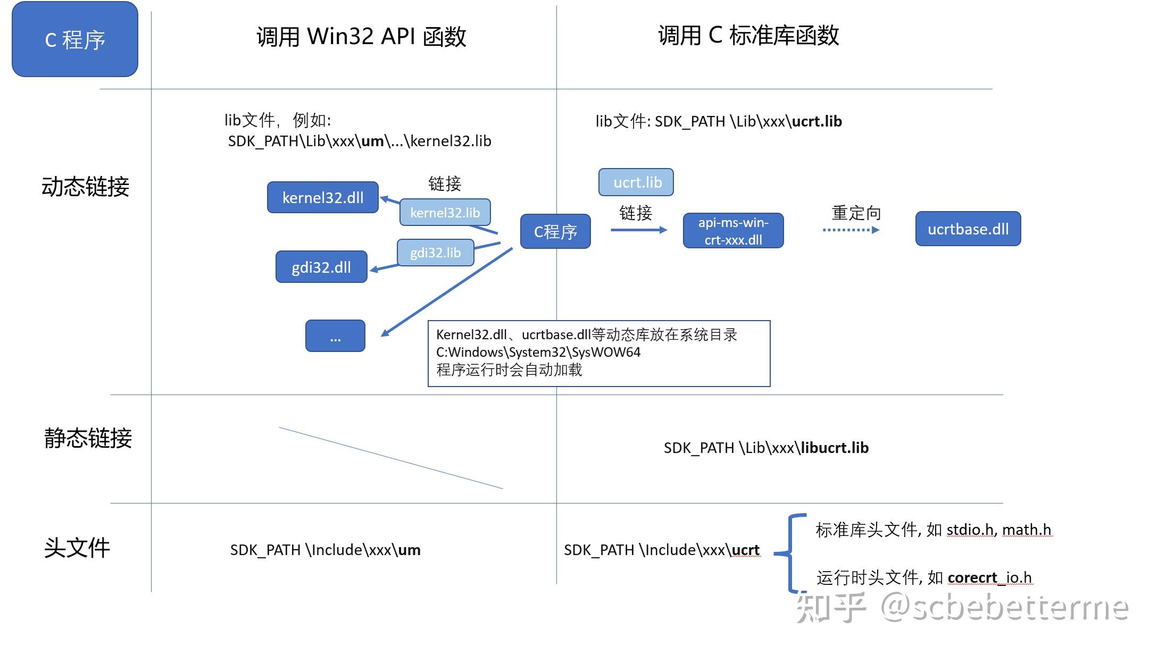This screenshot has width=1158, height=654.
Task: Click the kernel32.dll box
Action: click(322, 197)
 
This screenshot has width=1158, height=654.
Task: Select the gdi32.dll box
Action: click(321, 266)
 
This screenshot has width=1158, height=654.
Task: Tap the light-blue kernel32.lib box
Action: click(445, 212)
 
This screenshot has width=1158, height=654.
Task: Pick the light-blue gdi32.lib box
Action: click(435, 253)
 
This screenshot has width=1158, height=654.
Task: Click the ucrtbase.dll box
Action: click(968, 229)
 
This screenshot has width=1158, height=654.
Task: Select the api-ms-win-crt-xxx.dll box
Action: click(733, 231)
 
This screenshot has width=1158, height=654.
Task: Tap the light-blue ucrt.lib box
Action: click(636, 182)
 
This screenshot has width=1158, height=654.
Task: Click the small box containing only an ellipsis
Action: click(335, 336)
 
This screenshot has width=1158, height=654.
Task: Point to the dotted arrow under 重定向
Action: click(851, 230)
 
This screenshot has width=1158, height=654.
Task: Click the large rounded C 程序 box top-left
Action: click(75, 39)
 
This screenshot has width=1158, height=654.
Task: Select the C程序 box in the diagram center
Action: click(555, 231)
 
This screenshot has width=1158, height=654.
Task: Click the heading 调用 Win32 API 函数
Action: click(361, 36)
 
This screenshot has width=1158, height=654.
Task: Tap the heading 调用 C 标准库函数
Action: click(748, 35)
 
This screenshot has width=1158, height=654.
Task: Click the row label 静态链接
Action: click(88, 438)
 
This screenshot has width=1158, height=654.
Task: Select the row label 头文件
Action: click(77, 548)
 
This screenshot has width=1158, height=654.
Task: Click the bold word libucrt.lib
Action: click(835, 448)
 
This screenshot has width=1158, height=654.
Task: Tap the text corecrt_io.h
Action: click(990, 577)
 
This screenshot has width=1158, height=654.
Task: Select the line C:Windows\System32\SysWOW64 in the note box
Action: click(538, 352)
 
